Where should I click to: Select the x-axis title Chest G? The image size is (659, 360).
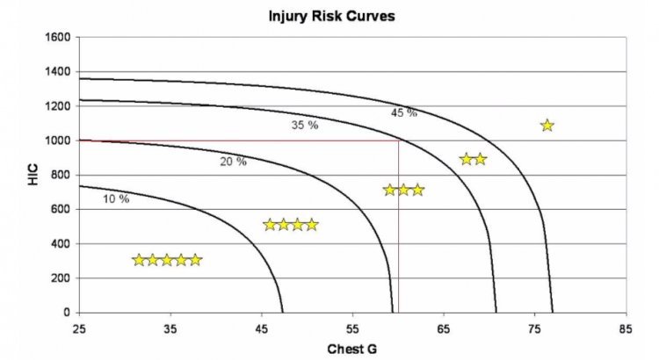pos(352,349)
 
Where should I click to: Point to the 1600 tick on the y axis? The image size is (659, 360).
pos(59,38)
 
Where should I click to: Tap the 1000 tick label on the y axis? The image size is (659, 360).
pos(59,140)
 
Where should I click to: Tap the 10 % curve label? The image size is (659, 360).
pos(115,199)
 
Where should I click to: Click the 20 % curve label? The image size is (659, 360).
pos(233,162)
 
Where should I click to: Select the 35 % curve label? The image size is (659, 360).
pos(304,126)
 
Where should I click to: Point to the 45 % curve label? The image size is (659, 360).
pos(403,113)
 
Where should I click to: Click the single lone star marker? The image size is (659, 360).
pos(547,126)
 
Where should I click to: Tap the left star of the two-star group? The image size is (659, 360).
pos(467,159)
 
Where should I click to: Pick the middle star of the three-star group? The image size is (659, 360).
pos(404,190)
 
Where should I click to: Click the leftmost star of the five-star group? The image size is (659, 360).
pos(139,260)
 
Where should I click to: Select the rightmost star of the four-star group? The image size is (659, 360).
pos(311,225)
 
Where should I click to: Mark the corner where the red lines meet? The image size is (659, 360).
pos(399,140)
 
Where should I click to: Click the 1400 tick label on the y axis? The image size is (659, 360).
pos(59,72)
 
